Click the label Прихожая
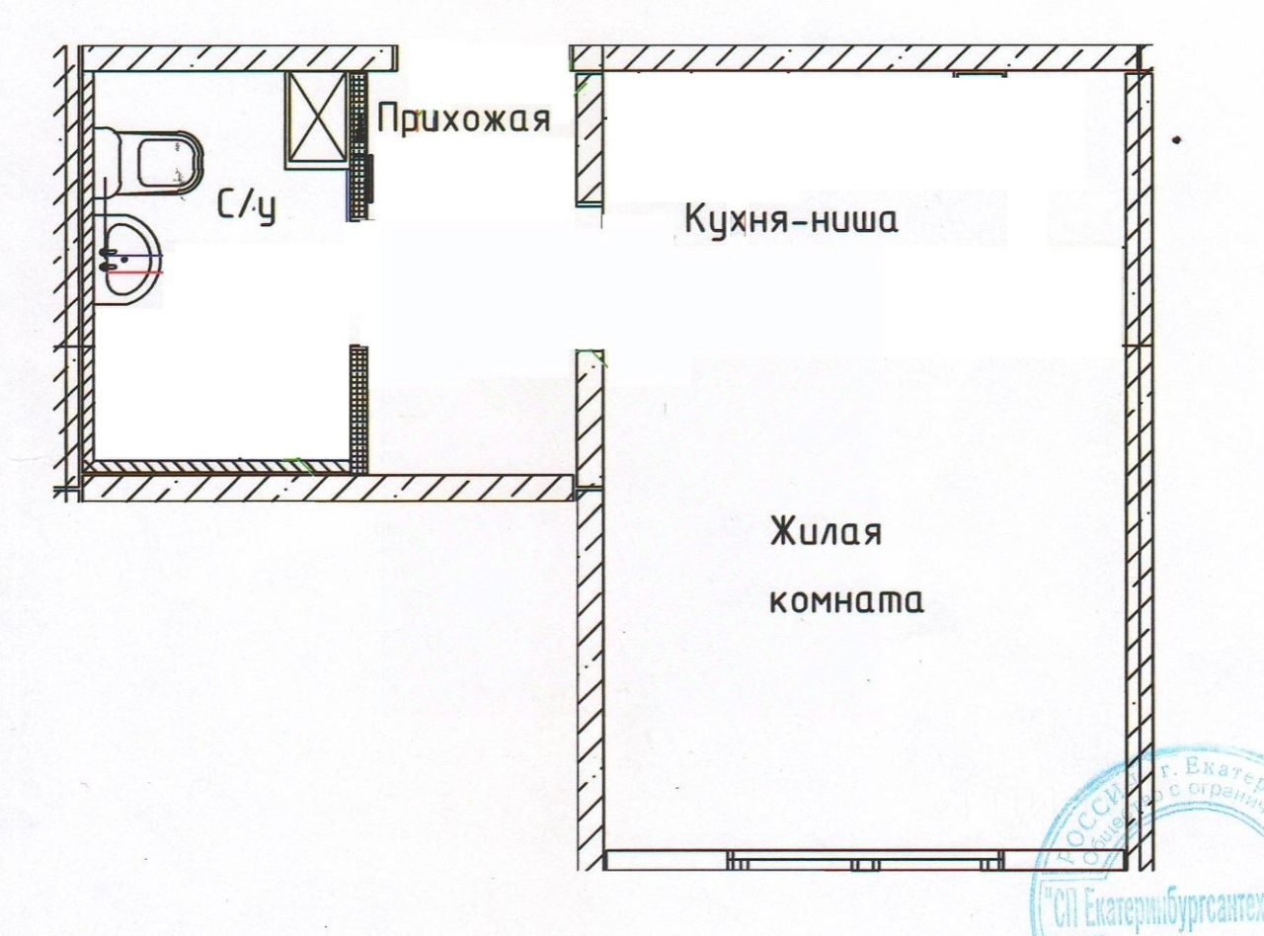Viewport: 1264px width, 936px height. tap(463, 119)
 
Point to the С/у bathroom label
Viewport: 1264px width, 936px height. tap(245, 206)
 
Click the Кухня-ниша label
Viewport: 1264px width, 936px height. tap(791, 219)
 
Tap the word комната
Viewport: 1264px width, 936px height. tap(845, 600)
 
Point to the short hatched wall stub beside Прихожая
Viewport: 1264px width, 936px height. tap(589, 138)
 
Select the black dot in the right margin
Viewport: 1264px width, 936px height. tap(1176, 140)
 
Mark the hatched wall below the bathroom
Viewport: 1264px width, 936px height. tap(326, 488)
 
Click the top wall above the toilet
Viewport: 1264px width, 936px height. tap(237, 58)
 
